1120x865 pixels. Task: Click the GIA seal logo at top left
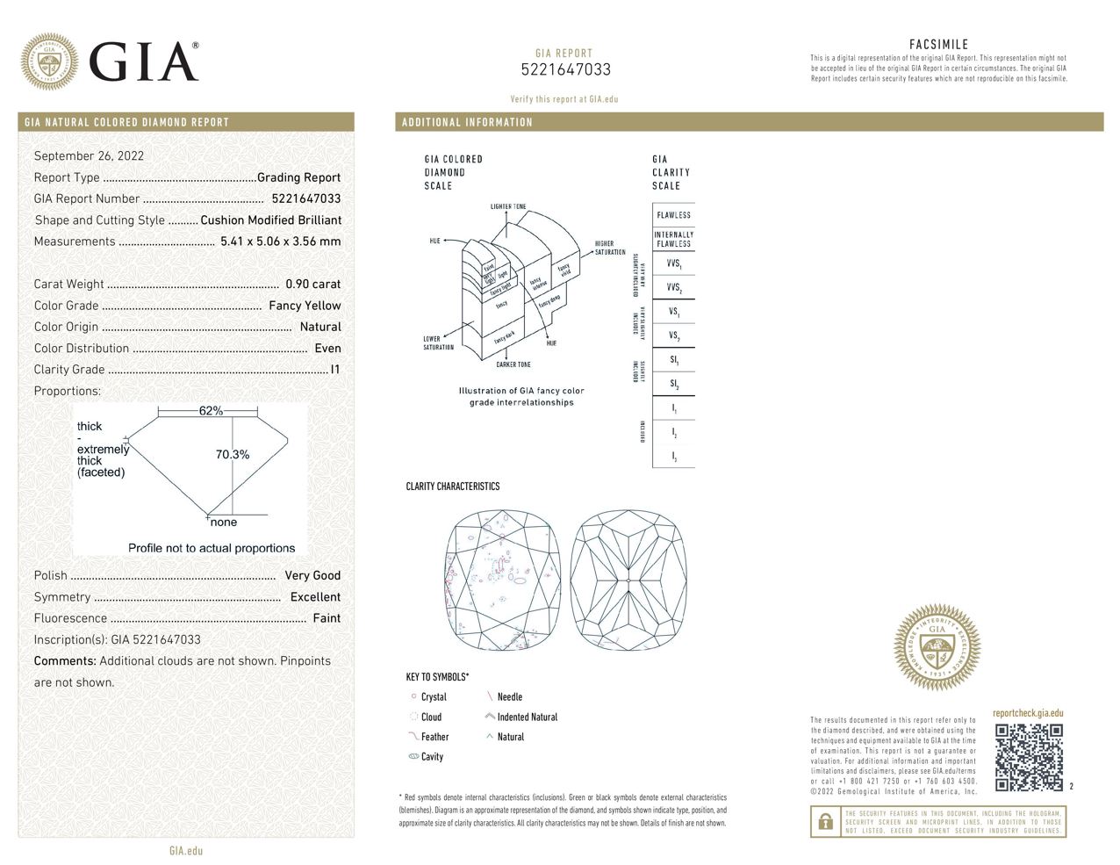pyautogui.click(x=49, y=61)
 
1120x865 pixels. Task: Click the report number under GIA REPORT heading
pyautogui.click(x=565, y=70)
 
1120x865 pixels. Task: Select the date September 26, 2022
pyautogui.click(x=89, y=156)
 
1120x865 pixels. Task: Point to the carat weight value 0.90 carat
pyautogui.click(x=312, y=285)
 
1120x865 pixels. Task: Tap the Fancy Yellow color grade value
pyautogui.click(x=305, y=306)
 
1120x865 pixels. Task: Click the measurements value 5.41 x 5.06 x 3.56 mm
pyautogui.click(x=280, y=241)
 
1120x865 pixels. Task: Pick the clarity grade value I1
pyautogui.click(x=334, y=370)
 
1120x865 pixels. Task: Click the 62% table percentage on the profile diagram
pyautogui.click(x=211, y=411)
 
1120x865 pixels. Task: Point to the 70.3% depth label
pyautogui.click(x=233, y=454)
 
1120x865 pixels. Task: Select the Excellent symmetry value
pyautogui.click(x=315, y=597)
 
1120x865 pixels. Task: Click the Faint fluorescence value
pyautogui.click(x=327, y=618)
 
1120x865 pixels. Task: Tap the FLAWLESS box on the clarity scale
pyautogui.click(x=673, y=215)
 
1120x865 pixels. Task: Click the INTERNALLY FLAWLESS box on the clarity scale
pyautogui.click(x=673, y=239)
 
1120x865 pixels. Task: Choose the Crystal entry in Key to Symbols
pyautogui.click(x=434, y=697)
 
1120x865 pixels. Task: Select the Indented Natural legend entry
pyautogui.click(x=527, y=717)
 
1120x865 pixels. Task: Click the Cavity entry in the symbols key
pyautogui.click(x=432, y=757)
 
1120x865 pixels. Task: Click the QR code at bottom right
pyautogui.click(x=1029, y=757)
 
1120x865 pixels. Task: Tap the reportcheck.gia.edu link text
pyautogui.click(x=1028, y=713)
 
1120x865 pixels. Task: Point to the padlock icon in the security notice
pyautogui.click(x=825, y=822)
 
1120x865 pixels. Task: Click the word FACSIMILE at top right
pyautogui.click(x=938, y=44)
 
